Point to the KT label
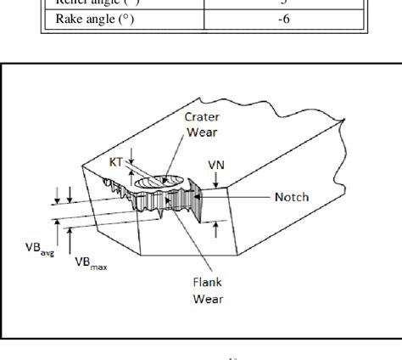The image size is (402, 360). (116, 160)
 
